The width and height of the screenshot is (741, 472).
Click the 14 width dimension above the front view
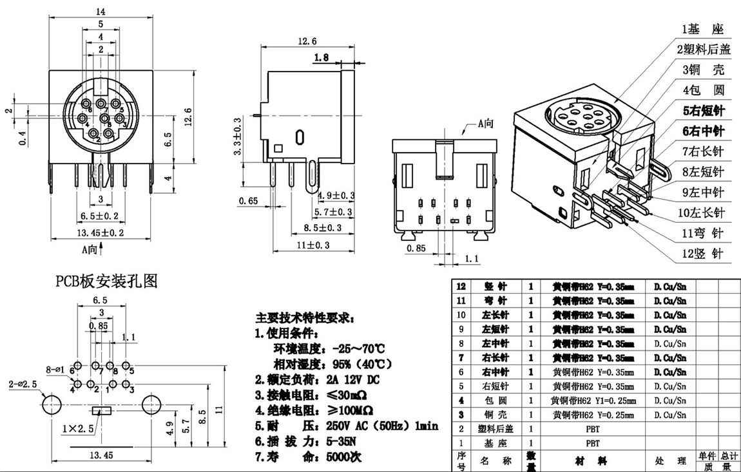(101, 11)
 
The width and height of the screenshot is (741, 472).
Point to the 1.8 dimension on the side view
(322, 58)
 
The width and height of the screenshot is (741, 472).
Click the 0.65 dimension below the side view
(248, 201)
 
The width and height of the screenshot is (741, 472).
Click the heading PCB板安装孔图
(106, 281)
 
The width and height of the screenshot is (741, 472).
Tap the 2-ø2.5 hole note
(22, 384)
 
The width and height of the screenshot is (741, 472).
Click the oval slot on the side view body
(300, 137)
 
